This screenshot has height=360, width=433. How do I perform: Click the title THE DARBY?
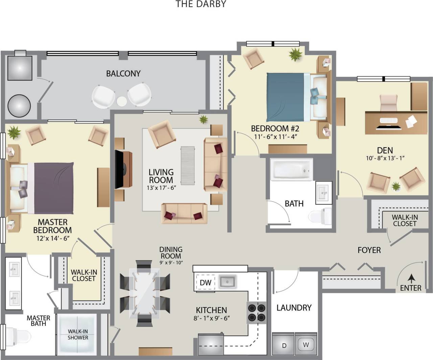[201, 4]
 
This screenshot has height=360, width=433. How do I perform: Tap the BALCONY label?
[123, 73]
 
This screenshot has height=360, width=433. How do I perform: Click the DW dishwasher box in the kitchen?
[205, 283]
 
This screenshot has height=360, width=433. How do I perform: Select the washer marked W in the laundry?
[306, 345]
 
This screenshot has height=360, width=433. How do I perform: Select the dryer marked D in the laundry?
[284, 345]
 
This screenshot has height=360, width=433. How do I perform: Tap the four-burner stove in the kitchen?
[257, 313]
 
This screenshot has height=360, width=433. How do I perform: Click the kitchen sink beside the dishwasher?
[228, 281]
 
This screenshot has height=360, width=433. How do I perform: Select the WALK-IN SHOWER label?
[78, 335]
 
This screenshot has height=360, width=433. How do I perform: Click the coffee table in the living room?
[187, 165]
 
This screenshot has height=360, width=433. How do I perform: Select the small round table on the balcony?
[121, 101]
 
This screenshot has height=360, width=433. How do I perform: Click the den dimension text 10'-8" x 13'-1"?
[385, 158]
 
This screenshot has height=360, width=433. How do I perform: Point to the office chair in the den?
[389, 103]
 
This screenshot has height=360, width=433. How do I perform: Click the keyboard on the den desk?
[389, 120]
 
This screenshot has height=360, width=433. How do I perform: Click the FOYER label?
[369, 250]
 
